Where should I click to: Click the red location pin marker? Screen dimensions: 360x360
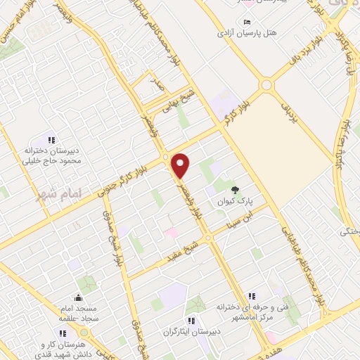[181, 165]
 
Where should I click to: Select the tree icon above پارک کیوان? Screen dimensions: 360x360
[235, 189]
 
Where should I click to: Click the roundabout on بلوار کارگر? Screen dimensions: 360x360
[266, 85]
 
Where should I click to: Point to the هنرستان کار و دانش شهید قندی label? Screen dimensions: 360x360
[76, 349]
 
